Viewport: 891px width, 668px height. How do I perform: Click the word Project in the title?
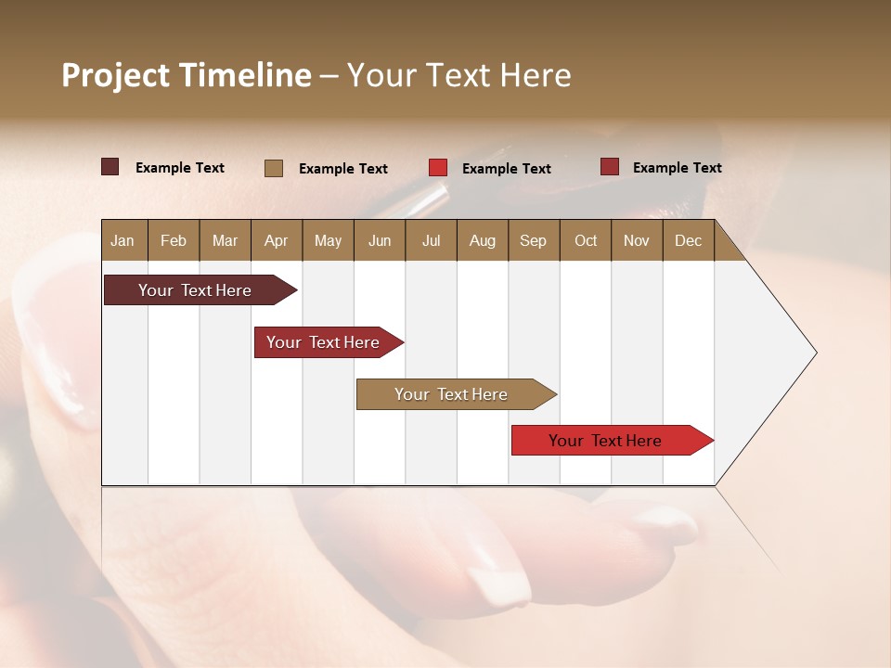[116, 75]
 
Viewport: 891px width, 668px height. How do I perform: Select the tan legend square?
[274, 168]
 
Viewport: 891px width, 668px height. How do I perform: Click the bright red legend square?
[438, 168]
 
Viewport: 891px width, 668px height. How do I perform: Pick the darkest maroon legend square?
[110, 167]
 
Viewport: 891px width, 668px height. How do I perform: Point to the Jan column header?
[123, 240]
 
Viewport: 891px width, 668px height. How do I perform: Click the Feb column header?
[174, 240]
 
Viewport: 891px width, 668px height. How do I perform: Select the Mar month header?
[225, 240]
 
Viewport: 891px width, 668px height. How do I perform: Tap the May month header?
[328, 240]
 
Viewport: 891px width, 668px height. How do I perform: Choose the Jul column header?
[431, 240]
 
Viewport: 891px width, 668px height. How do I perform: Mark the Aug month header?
[482, 240]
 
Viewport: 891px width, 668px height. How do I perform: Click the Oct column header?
[586, 240]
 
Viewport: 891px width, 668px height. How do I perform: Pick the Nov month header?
[637, 240]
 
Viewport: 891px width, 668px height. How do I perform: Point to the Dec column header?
[688, 240]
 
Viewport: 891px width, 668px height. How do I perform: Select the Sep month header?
[533, 240]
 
